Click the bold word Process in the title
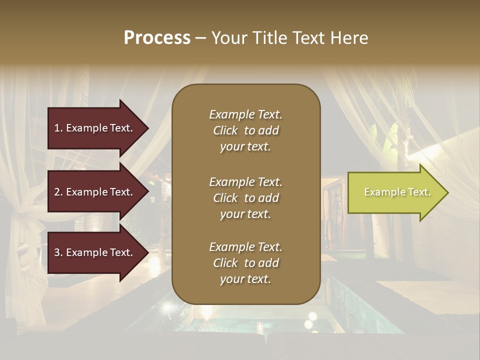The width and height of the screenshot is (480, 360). [157, 38]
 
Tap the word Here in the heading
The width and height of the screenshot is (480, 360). [348, 38]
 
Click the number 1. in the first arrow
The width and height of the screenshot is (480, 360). [58, 128]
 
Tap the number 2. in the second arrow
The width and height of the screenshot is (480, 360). [58, 192]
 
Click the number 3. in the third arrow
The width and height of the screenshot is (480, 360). [58, 253]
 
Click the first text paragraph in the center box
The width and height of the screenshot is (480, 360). [245, 130]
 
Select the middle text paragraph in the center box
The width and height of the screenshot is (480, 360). [245, 198]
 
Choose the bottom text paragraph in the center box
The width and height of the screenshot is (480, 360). [245, 263]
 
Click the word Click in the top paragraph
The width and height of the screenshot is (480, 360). [225, 130]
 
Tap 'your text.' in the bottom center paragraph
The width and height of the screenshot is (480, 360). [245, 279]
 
